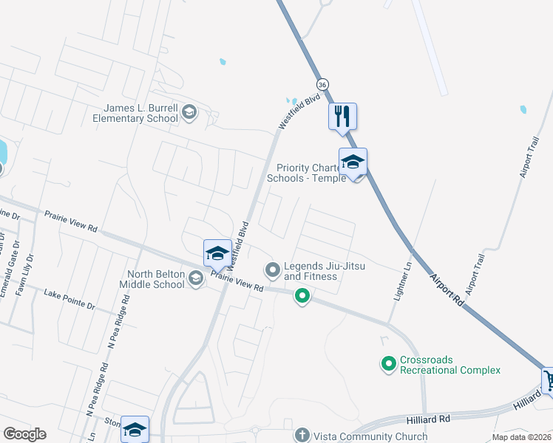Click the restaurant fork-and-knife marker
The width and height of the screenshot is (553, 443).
[x=342, y=117]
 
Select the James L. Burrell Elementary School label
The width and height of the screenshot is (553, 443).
[x=135, y=112]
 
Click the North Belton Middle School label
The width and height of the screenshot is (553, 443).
[x=155, y=279]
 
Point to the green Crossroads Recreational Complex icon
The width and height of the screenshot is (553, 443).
[x=388, y=363]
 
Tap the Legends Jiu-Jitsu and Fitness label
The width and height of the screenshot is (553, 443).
[x=311, y=271]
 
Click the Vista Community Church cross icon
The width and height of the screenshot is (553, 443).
[x=301, y=435]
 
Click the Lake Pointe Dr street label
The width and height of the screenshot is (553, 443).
[x=69, y=300]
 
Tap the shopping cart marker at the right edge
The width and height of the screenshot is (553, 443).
[x=549, y=382]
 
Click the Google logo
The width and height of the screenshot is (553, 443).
[x=24, y=434]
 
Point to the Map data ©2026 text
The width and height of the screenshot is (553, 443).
[x=522, y=437]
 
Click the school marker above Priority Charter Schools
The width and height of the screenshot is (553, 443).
[x=353, y=163]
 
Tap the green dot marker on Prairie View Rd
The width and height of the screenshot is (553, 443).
[x=302, y=297]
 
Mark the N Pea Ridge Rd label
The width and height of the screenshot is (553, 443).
[x=118, y=322]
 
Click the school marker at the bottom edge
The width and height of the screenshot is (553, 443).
[x=135, y=430]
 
